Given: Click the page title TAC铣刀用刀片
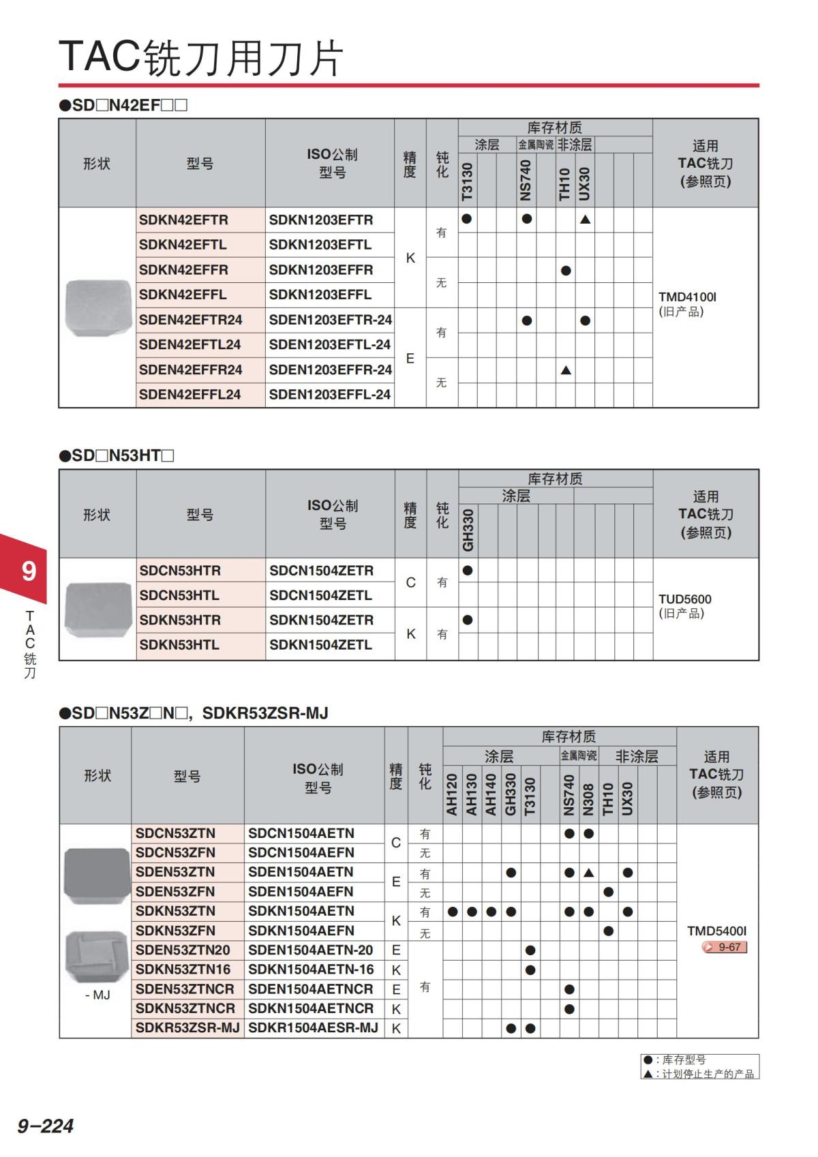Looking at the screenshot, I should pos(201,57).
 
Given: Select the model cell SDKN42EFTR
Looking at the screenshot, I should pos(183,220).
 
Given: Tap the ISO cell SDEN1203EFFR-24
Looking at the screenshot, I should pos(330,370).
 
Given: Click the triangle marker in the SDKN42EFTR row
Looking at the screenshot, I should pos(585,220).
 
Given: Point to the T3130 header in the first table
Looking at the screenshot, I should pos(467,181).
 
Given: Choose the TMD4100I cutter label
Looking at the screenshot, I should pos(687,297).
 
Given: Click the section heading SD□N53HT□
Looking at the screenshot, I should pos(117,455).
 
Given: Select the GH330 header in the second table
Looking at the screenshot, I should pos(468,530).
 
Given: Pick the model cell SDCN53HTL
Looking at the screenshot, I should pos(179,595).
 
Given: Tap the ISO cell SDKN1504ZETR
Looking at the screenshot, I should pos(321,620).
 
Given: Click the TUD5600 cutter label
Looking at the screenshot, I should pos(684,599).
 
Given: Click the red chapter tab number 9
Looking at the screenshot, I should pos(29,571).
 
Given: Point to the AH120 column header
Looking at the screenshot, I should pos(451,794).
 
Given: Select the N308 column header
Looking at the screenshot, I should pos(588,798).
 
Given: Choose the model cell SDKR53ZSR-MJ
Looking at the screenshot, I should pos(187,1027).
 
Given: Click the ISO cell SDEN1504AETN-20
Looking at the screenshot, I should pos(310,950).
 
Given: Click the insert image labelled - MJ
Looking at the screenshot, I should pos(97,956).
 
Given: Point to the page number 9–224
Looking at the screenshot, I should pos(45,1126).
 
